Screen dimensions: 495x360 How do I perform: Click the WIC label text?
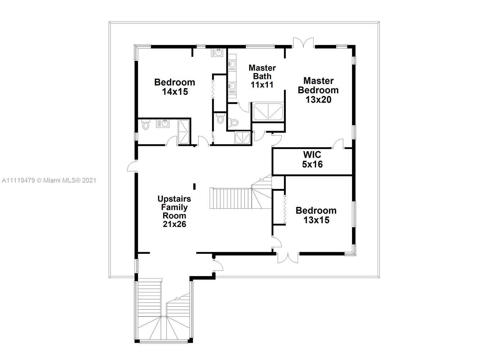[x=312, y=155]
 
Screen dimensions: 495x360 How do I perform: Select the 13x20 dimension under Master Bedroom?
[x=319, y=100]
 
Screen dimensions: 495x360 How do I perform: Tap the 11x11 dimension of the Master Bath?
[x=262, y=85]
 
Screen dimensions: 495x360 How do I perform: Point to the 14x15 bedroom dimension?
[x=175, y=92]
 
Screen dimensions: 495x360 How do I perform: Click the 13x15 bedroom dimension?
[x=316, y=220]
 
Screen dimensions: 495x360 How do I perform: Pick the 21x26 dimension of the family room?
[x=174, y=224]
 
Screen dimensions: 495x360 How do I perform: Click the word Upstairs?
[x=174, y=199]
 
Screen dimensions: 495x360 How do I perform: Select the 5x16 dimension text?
[x=312, y=164]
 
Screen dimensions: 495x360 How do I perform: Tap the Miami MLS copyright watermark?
[x=49, y=181]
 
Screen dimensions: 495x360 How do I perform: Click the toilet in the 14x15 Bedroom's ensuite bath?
[x=145, y=125]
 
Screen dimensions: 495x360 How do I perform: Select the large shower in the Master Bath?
[x=268, y=112]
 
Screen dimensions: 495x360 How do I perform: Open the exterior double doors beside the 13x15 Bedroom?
[x=288, y=258]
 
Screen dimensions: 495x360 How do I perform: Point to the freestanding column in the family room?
[x=194, y=186]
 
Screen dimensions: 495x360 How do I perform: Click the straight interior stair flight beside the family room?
[x=231, y=198]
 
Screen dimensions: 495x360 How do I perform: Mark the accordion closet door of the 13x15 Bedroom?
[x=285, y=210]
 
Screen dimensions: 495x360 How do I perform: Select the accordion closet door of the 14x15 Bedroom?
[x=213, y=89]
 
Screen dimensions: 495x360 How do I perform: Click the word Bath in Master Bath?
[x=262, y=76]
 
